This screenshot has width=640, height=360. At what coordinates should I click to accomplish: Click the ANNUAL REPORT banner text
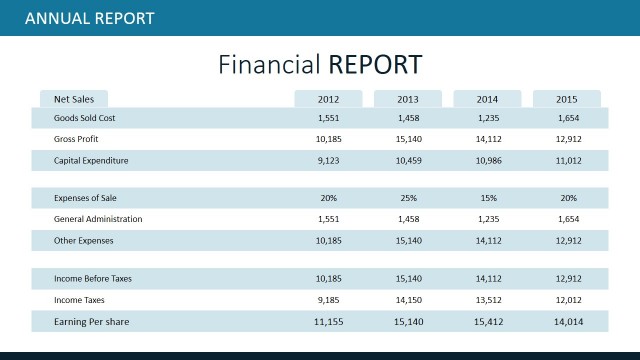[89, 18]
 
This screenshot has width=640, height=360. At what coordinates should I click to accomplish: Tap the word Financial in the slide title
[268, 64]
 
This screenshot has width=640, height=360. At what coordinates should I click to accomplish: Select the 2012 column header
[328, 99]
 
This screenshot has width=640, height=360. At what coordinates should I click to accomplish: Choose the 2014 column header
[487, 99]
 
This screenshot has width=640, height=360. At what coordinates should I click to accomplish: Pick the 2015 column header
[567, 99]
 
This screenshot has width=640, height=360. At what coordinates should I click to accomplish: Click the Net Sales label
[74, 99]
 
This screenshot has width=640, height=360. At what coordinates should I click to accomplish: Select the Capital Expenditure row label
[91, 160]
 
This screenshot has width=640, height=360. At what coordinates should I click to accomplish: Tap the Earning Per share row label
[91, 321]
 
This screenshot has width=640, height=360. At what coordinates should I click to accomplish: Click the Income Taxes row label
[79, 300]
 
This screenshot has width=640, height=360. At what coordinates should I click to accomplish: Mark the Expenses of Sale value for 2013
[408, 198]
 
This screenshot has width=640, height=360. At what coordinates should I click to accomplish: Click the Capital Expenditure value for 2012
[328, 160]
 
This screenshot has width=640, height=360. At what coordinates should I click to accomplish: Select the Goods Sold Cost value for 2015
[567, 118]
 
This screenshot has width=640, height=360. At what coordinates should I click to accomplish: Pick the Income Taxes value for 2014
[487, 300]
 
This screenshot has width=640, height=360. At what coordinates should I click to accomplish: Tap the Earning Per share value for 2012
[328, 321]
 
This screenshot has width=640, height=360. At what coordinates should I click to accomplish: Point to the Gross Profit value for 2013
[408, 139]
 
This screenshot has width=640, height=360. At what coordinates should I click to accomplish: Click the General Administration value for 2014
[487, 218]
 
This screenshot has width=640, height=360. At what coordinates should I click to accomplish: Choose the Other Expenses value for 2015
[567, 240]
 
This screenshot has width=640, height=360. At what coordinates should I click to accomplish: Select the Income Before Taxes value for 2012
[328, 279]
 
